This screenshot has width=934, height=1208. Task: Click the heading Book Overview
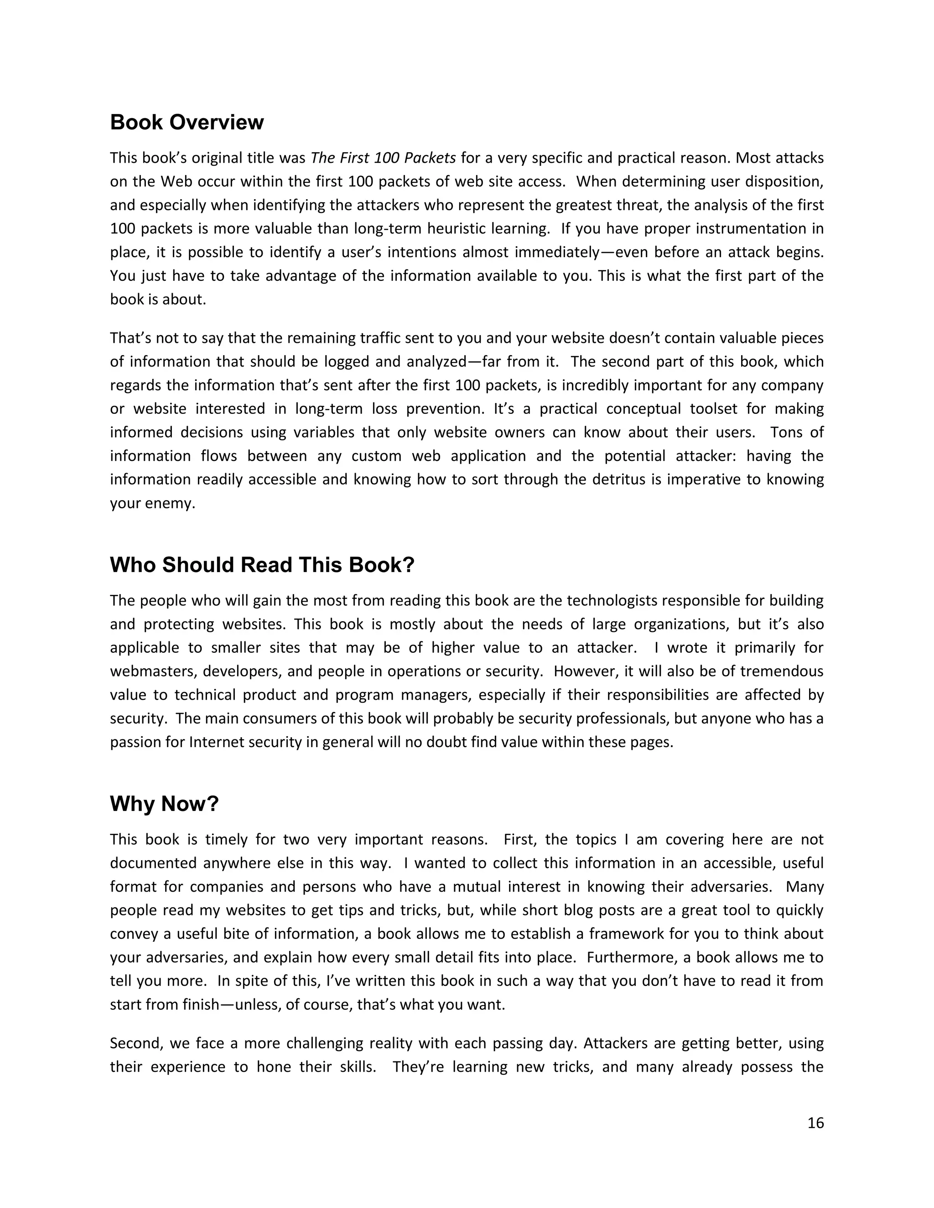tap(187, 122)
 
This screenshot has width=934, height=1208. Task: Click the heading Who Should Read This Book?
tap(262, 565)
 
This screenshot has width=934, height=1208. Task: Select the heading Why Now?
tap(164, 804)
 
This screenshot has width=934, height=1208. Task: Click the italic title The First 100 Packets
tap(383, 158)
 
